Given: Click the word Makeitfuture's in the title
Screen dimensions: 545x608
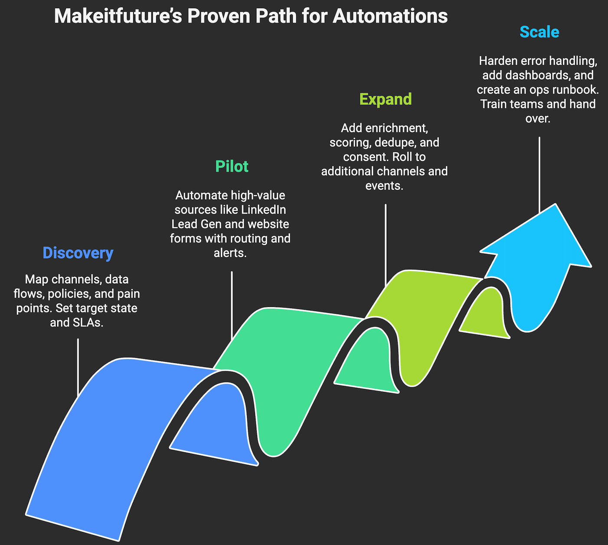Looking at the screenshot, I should coord(118,16).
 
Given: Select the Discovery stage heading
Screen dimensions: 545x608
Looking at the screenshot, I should coord(78,253).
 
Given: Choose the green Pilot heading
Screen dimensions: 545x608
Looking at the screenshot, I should coord(232,166).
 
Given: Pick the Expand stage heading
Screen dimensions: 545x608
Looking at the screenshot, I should coord(386,99).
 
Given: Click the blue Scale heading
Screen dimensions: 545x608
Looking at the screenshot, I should coord(539,32).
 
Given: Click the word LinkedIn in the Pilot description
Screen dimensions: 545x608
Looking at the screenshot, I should coord(263,210).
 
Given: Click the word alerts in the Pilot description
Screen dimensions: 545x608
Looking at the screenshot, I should coord(230,253).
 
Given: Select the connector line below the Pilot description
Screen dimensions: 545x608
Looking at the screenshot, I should coord(232,303).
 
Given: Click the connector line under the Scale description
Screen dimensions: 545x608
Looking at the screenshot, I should coord(539,173).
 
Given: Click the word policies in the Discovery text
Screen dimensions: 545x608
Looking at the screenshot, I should coord(69,294).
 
